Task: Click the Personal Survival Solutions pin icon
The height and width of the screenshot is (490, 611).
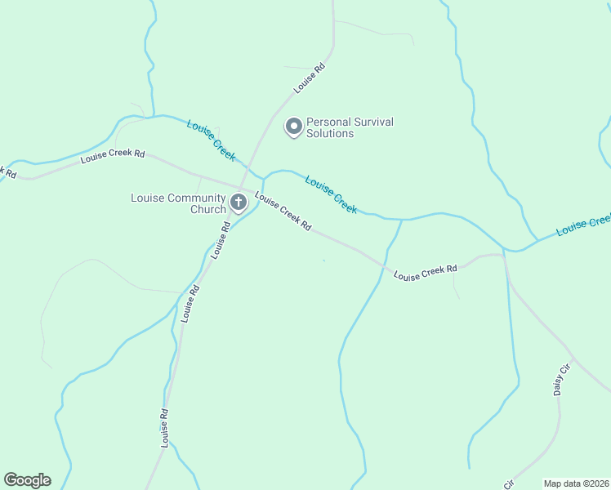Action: click(293, 127)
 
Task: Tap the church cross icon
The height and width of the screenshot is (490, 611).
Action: click(239, 202)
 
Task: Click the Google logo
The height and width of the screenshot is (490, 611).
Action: click(27, 480)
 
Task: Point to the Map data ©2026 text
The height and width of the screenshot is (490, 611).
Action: click(576, 483)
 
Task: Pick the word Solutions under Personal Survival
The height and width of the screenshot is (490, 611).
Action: click(330, 133)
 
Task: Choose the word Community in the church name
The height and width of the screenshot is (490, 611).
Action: click(194, 198)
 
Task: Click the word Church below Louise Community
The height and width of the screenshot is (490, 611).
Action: click(207, 209)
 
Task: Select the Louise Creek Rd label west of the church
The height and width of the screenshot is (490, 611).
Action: click(113, 157)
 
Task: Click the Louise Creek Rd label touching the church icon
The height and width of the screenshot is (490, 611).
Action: click(283, 211)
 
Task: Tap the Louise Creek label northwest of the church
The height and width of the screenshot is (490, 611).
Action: click(211, 139)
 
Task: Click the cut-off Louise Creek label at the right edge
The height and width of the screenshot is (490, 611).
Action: click(583, 225)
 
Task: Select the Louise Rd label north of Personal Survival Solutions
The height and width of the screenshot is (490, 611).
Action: click(310, 78)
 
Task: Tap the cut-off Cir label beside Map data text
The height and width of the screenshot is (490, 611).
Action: click(509, 484)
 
